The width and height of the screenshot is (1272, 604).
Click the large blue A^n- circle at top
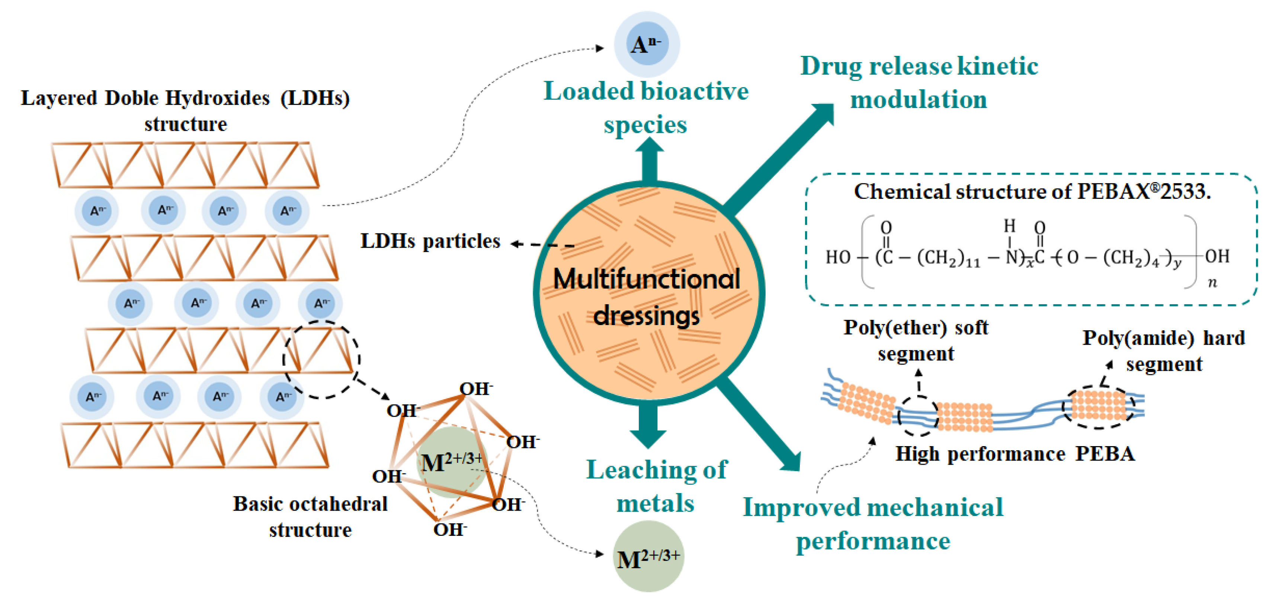(646, 44)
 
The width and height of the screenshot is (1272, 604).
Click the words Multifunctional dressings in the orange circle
(647, 296)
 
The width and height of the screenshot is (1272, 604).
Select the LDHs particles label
(430, 241)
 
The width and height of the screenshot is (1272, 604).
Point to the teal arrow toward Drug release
(780, 158)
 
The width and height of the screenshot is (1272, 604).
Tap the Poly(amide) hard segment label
(1163, 351)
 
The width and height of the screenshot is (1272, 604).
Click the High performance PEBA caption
(1015, 454)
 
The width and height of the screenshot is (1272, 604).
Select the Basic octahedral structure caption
(310, 516)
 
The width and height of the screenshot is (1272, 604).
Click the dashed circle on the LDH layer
(321, 359)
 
